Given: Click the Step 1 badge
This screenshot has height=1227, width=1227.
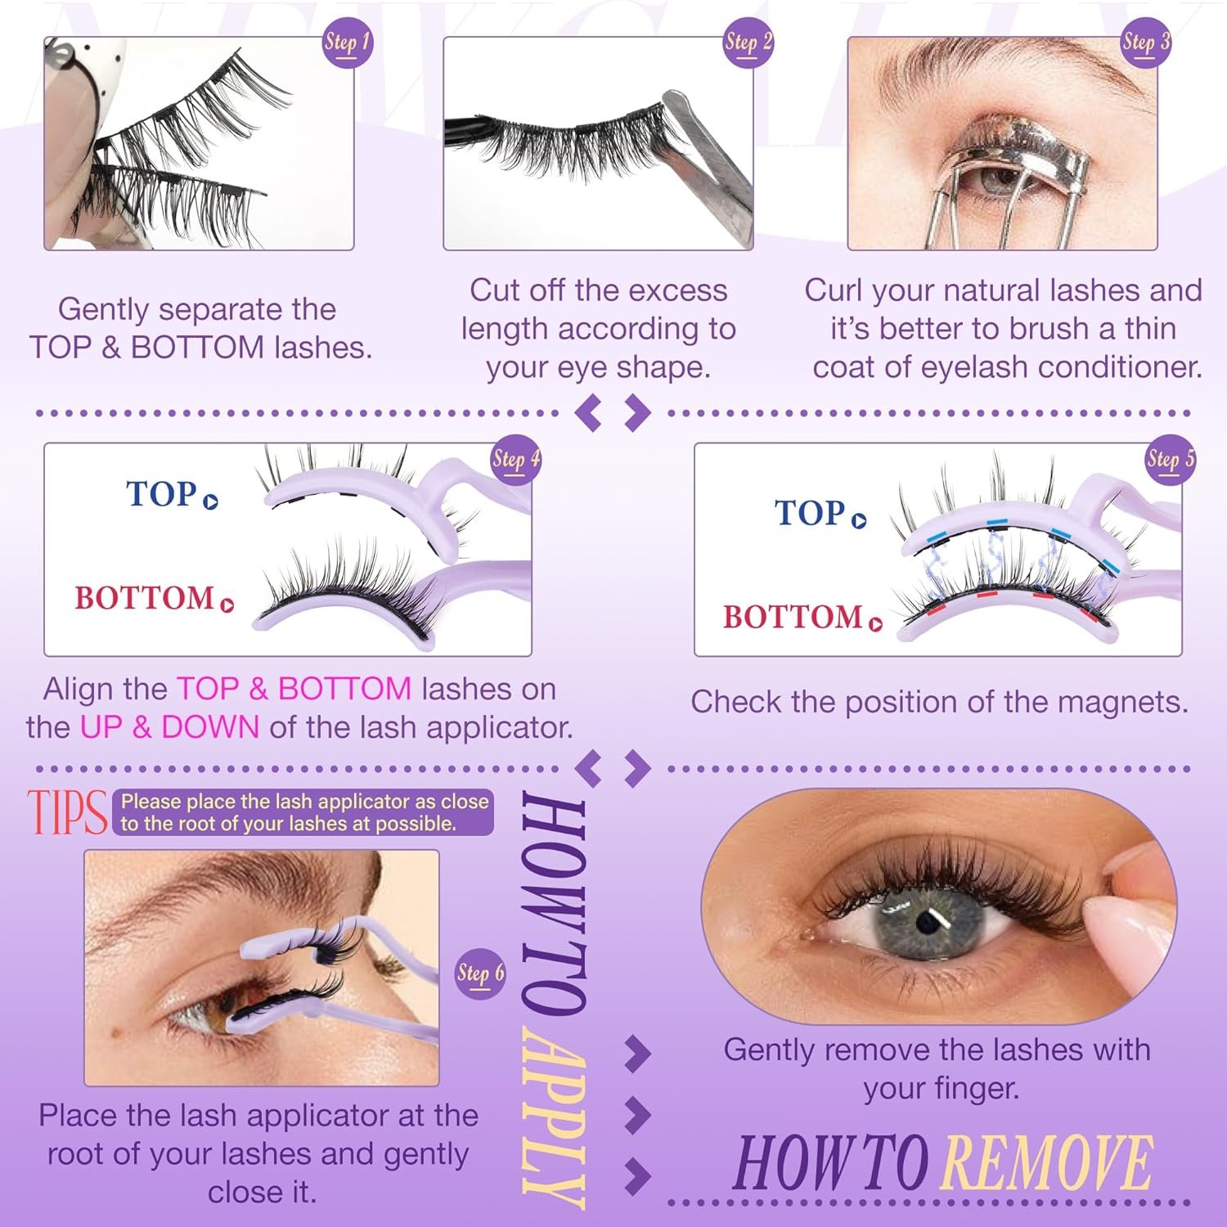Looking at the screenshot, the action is tap(348, 43).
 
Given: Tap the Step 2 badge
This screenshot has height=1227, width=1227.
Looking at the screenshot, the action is tap(748, 43).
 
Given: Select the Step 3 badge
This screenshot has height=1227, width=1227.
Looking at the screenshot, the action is tap(1145, 43).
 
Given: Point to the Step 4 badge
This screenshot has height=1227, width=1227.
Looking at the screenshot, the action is tap(516, 460).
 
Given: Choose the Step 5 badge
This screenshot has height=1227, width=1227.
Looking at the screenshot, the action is tap(1171, 460).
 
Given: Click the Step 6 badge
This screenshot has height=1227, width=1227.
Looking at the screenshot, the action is tap(480, 973).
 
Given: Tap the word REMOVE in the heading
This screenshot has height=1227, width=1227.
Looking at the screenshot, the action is tap(1048, 1162).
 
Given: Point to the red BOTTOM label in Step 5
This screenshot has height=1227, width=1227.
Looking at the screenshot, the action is tap(793, 617).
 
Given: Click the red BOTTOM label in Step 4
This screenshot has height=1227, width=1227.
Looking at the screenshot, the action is tap(144, 598).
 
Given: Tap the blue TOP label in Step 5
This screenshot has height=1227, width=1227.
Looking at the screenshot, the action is tap(810, 513).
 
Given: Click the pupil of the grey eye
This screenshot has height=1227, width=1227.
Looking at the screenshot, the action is tap(926, 922).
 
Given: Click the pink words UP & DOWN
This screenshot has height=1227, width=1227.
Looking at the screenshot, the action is tap(169, 726).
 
